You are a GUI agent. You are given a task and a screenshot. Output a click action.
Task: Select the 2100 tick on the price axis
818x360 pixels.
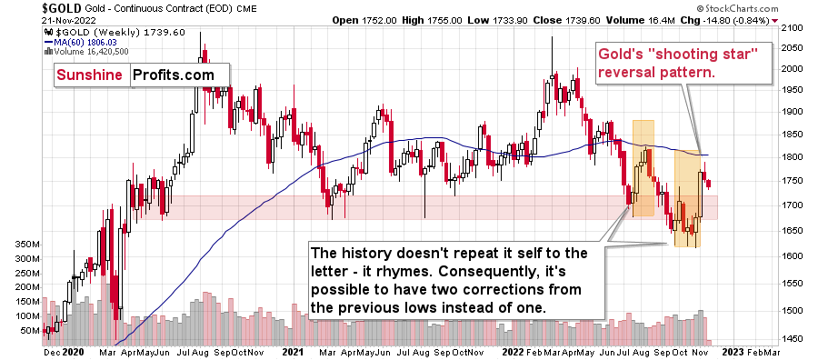pyautogui.click(x=793, y=27)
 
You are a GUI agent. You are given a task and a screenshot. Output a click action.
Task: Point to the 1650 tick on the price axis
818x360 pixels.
pyautogui.click(x=793, y=231)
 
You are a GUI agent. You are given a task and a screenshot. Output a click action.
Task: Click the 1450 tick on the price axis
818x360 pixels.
pyautogui.click(x=793, y=338)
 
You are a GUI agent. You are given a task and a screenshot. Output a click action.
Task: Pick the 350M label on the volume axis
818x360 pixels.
pyautogui.click(x=20, y=245)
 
